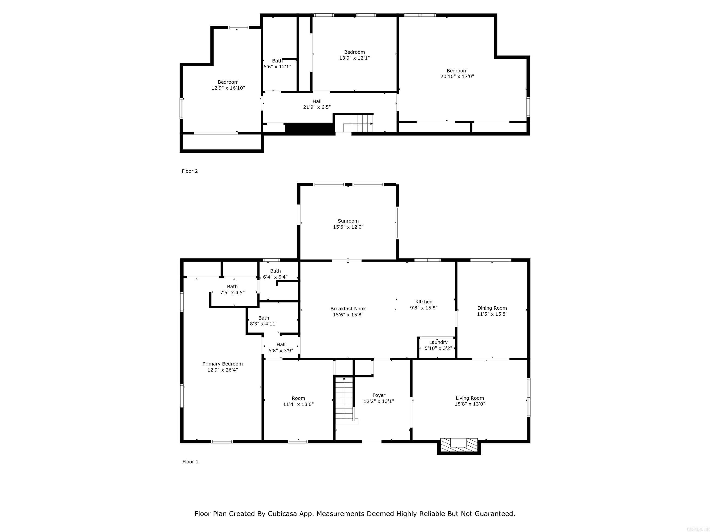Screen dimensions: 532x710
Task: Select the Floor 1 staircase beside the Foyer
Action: coord(344,401)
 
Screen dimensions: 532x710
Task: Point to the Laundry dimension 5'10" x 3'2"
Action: coord(438,348)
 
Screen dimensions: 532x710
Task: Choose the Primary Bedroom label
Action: coord(222,364)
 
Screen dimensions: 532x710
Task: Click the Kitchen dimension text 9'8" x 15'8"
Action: coord(424,308)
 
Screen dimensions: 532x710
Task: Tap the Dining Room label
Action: coord(492,308)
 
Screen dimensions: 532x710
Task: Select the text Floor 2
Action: coord(190,171)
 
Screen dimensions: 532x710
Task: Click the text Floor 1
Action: coord(190,462)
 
